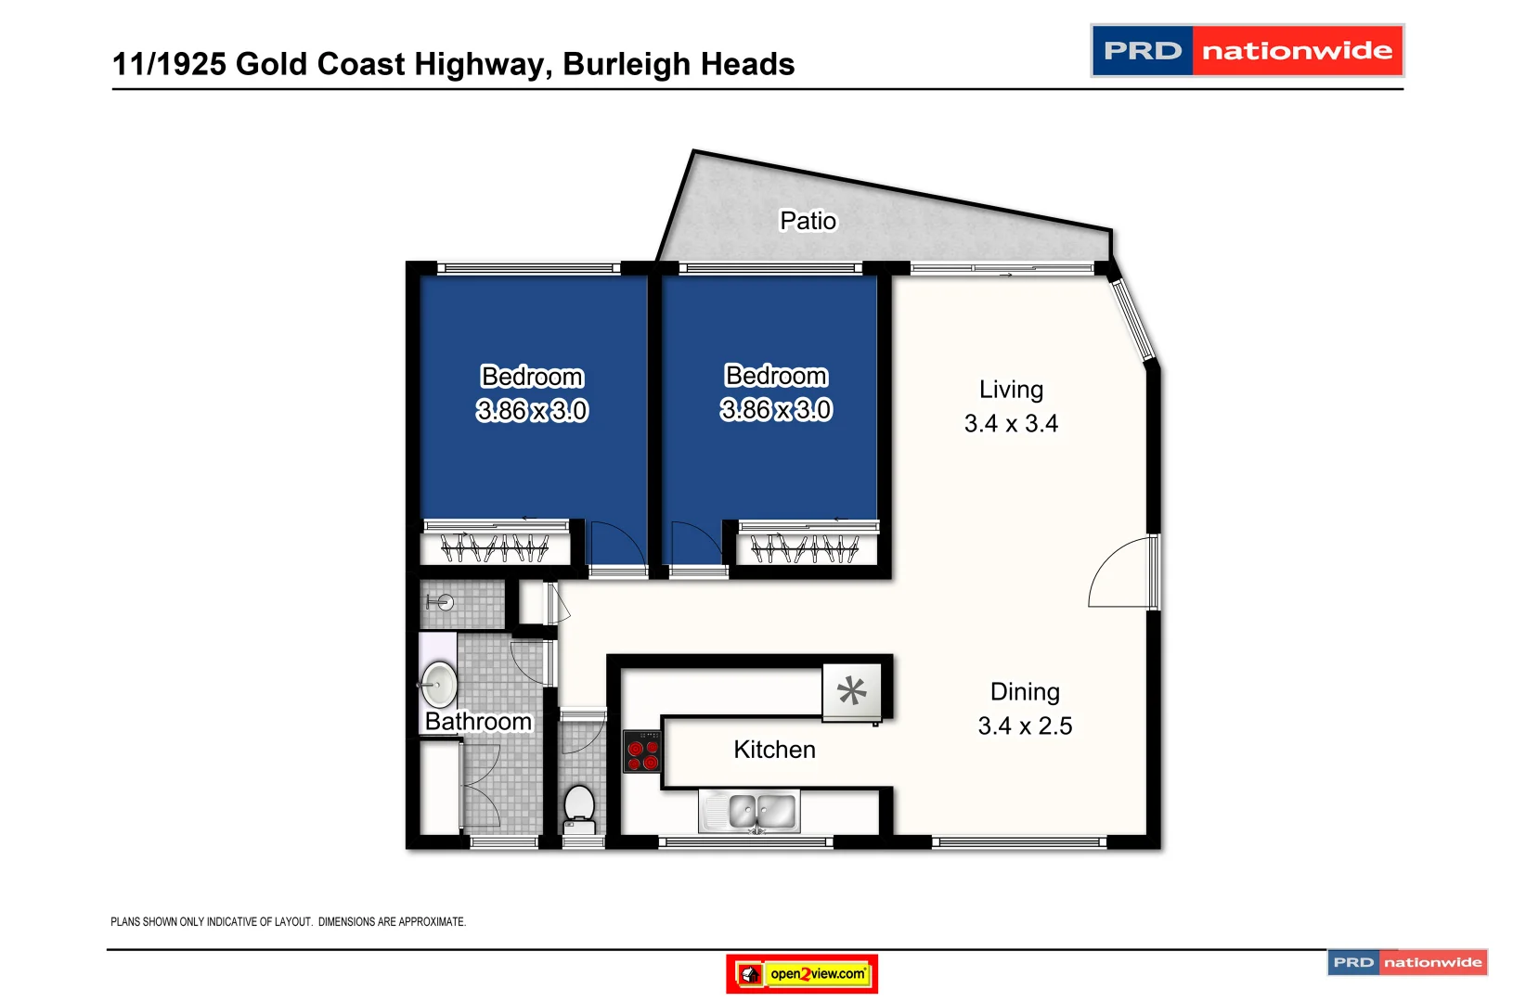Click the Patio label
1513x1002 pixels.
[x=808, y=221]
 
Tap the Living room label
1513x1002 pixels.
[x=1011, y=390]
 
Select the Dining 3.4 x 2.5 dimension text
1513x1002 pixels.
[x=1025, y=726]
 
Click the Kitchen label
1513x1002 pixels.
[x=774, y=750]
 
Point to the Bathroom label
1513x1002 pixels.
[x=478, y=722]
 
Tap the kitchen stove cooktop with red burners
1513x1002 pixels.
[x=642, y=751]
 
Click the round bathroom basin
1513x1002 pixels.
[x=439, y=685]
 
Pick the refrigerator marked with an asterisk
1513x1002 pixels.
[x=852, y=691]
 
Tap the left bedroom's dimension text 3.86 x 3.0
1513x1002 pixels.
[x=532, y=410]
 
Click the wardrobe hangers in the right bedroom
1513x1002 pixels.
[x=805, y=549]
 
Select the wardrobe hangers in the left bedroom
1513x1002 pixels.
[x=495, y=548]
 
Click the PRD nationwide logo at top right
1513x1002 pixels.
[x=1247, y=51]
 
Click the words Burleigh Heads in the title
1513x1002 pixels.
[x=679, y=64]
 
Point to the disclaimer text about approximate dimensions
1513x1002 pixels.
[x=288, y=921]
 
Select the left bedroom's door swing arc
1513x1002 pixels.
[x=618, y=546]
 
